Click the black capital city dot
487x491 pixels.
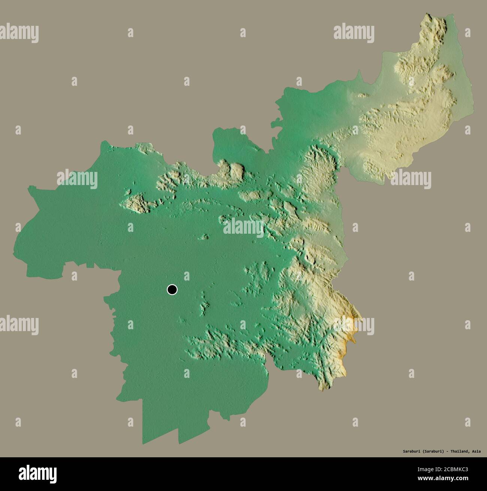(x=172, y=290)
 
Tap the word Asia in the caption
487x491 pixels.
(x=476, y=451)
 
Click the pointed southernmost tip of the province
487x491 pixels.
(x=143, y=444)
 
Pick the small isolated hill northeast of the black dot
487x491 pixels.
(x=205, y=237)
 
